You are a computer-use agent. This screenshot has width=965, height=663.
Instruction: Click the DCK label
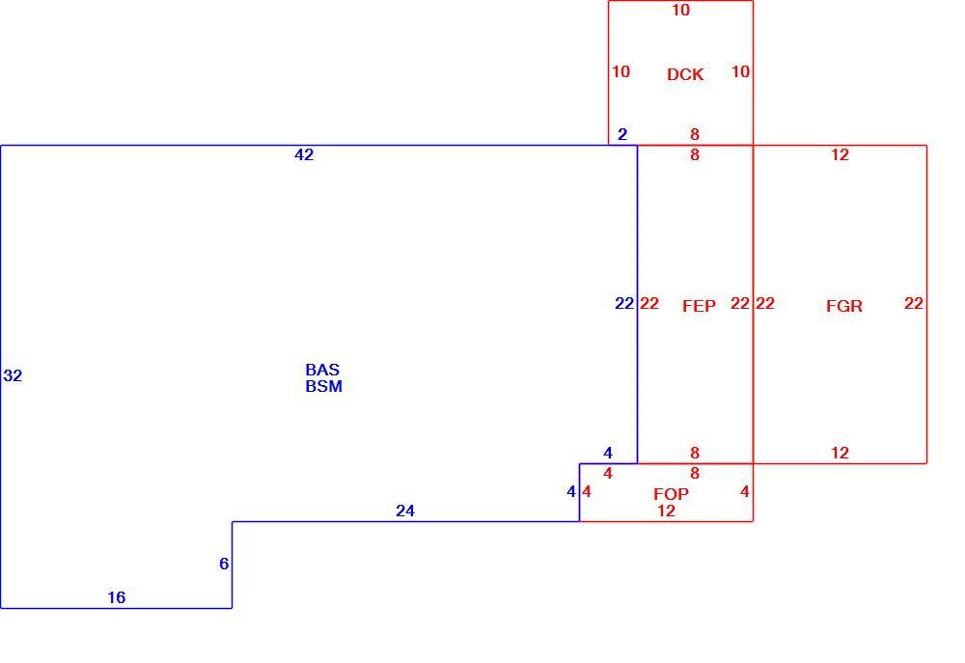685,74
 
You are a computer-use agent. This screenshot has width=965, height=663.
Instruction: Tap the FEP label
699,306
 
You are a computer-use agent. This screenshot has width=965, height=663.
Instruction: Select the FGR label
843,306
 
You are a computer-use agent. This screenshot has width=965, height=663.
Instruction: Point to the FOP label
671,494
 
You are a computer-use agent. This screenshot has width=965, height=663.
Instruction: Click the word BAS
322,370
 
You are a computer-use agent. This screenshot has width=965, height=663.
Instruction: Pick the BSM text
323,386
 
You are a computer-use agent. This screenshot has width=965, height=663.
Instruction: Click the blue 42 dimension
304,154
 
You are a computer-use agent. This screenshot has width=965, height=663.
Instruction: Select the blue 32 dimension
13,375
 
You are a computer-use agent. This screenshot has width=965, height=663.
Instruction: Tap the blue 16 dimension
117,597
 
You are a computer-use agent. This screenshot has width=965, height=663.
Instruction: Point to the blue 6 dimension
224,564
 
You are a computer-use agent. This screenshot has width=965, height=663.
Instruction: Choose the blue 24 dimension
405,511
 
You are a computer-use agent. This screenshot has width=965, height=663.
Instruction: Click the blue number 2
622,134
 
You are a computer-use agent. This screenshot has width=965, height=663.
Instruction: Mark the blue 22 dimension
624,303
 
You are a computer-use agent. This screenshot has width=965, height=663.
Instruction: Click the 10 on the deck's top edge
680,10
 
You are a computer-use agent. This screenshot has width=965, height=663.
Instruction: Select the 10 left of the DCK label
620,71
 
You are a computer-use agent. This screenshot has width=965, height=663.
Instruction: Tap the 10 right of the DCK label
740,71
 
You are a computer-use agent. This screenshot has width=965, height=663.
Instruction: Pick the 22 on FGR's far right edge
914,303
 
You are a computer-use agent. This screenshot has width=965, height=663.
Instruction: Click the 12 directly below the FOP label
666,511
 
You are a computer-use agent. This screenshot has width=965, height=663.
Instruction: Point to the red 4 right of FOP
745,491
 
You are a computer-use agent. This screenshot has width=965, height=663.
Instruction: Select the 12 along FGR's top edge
841,154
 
